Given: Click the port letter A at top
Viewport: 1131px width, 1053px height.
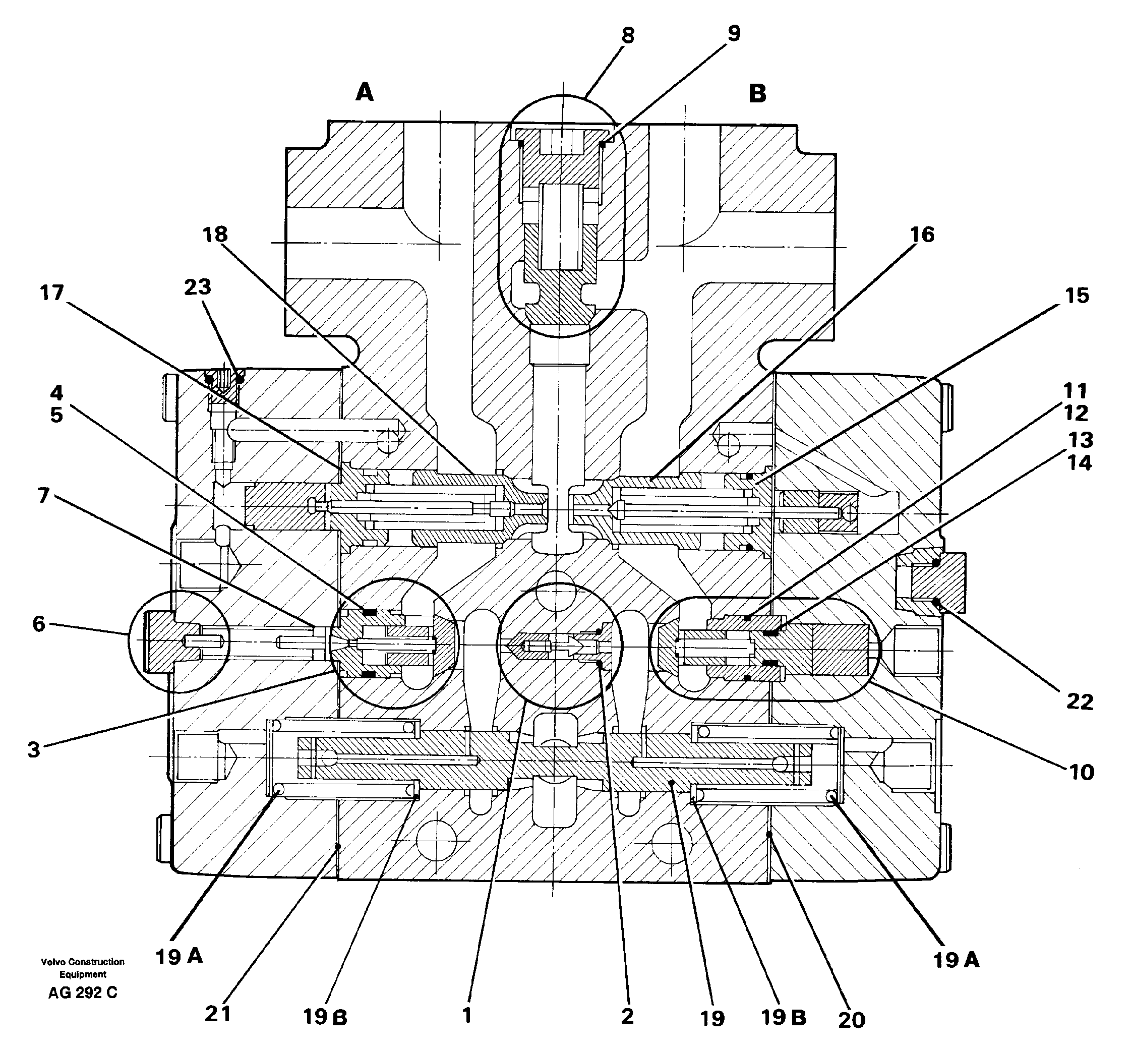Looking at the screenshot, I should click(x=365, y=92).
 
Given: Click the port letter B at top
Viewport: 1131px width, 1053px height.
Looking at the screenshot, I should click(x=757, y=93).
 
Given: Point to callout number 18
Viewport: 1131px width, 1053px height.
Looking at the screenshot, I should click(x=215, y=235).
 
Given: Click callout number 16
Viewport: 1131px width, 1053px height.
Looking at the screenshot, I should click(x=922, y=235).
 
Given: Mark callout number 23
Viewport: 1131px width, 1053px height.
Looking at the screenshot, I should click(x=198, y=287).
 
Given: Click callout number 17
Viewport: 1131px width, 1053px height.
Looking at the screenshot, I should click(x=52, y=293).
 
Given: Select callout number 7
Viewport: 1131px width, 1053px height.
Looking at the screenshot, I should click(x=43, y=496).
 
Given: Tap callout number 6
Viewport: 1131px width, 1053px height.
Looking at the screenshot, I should click(x=39, y=624).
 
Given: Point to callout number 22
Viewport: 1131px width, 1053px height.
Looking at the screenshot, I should click(x=1079, y=702).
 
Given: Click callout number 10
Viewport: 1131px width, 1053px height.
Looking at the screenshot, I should click(x=1081, y=772).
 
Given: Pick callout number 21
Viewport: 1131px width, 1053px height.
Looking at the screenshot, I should click(x=218, y=1013).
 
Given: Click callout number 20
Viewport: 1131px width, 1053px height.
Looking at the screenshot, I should click(x=851, y=1021).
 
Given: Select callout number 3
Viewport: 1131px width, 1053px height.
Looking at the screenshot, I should click(x=34, y=750).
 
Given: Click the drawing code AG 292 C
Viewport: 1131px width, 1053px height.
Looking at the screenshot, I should click(x=83, y=992).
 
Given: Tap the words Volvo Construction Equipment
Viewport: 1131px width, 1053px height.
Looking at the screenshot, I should click(x=83, y=968).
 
